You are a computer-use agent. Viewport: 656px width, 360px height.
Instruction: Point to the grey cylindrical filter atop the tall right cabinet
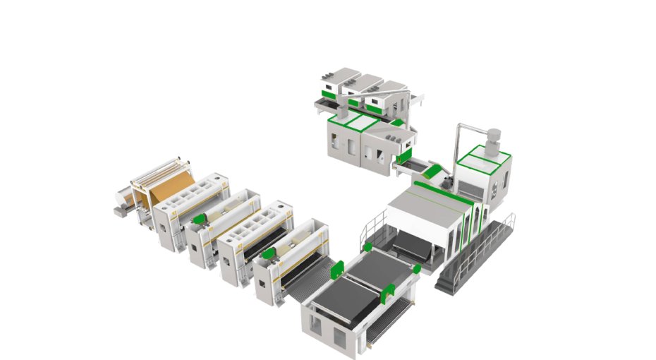(493, 136)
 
